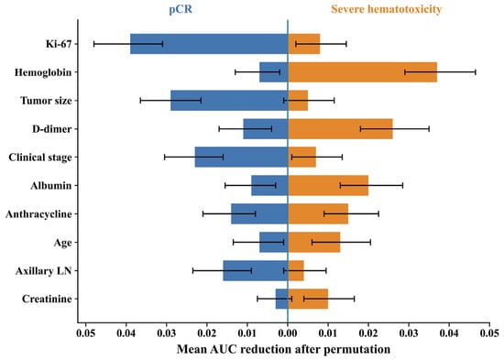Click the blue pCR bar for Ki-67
[x=209, y=44]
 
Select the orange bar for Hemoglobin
[x=363, y=72]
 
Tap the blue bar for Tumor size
[x=229, y=100]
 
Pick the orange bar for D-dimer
[x=340, y=129]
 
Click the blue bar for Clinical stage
[x=241, y=158]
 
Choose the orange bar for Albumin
[x=328, y=185]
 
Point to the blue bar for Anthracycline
[x=259, y=213]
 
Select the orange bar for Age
[x=314, y=242]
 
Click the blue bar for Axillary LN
[x=256, y=270]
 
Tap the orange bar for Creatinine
[x=308, y=299]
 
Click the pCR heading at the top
[x=181, y=9]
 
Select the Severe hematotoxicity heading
[x=386, y=9]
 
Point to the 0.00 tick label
[x=288, y=333]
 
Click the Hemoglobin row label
[x=43, y=72]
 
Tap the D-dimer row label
[x=51, y=129]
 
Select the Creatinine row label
[x=47, y=299]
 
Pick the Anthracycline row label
[x=38, y=214]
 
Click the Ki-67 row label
[x=59, y=44]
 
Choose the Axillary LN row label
[x=43, y=271]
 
